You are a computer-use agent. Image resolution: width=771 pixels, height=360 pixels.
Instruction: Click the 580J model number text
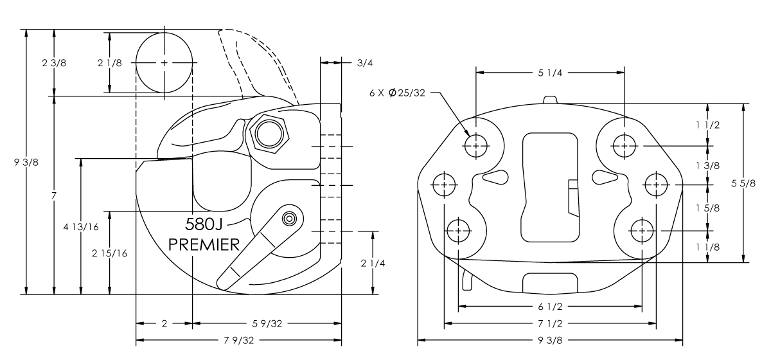click(204, 224)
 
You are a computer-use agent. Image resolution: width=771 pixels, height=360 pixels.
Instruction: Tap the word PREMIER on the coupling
click(204, 244)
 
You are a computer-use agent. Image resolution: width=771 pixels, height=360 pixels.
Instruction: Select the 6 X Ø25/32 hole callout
click(397, 93)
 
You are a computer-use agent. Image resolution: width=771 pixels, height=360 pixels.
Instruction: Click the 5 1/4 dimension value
click(550, 73)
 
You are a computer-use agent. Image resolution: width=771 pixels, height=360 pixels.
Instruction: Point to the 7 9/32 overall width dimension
click(238, 340)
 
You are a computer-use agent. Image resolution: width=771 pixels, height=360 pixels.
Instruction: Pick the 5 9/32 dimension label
click(267, 323)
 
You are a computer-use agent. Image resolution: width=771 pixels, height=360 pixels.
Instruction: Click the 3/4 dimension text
click(365, 63)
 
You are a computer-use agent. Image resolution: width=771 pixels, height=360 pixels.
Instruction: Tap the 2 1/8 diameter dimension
click(109, 63)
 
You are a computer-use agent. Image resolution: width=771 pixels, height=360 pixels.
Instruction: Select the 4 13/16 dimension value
click(81, 227)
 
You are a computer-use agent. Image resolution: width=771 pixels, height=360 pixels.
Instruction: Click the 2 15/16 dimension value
click(109, 253)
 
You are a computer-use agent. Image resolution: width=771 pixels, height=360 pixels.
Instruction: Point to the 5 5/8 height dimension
click(743, 183)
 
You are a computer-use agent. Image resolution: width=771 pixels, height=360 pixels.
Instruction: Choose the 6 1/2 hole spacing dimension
click(550, 306)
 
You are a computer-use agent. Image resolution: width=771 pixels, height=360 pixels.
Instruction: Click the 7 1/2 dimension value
click(550, 323)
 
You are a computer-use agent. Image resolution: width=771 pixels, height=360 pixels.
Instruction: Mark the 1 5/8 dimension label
click(707, 208)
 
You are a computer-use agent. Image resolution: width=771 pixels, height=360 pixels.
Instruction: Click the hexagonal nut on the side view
click(269, 134)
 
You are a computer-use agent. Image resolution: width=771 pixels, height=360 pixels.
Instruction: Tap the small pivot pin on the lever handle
click(289, 219)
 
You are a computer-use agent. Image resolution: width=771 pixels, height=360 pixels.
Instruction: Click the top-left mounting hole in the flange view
click(475, 146)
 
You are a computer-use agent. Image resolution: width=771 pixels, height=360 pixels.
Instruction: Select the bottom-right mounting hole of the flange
click(642, 231)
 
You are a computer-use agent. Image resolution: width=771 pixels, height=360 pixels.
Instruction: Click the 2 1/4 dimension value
click(373, 263)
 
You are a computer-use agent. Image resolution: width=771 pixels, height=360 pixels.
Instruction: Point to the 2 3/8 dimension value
click(54, 63)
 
